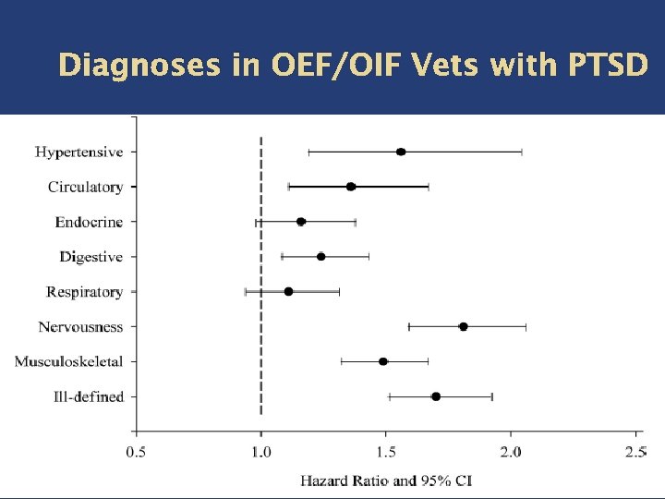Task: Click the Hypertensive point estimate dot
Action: tap(401, 152)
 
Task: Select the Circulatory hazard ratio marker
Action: tap(351, 187)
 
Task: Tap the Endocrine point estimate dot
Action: tap(301, 222)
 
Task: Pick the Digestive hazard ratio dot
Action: tap(320, 256)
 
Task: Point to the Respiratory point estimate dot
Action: tap(288, 291)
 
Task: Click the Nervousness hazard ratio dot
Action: tap(463, 326)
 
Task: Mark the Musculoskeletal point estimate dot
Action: tap(383, 361)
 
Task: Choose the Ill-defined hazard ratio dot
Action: tap(436, 396)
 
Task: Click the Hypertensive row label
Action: tap(79, 152)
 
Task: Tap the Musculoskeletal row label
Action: tap(68, 361)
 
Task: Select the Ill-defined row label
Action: tap(88, 396)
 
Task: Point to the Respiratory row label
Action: tap(84, 292)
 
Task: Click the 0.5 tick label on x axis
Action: tap(136, 452)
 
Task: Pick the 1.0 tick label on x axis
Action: tap(261, 452)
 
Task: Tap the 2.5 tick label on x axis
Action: tap(635, 452)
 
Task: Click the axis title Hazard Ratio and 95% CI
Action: tap(386, 481)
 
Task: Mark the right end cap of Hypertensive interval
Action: tap(522, 152)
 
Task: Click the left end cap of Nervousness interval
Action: tap(409, 326)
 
